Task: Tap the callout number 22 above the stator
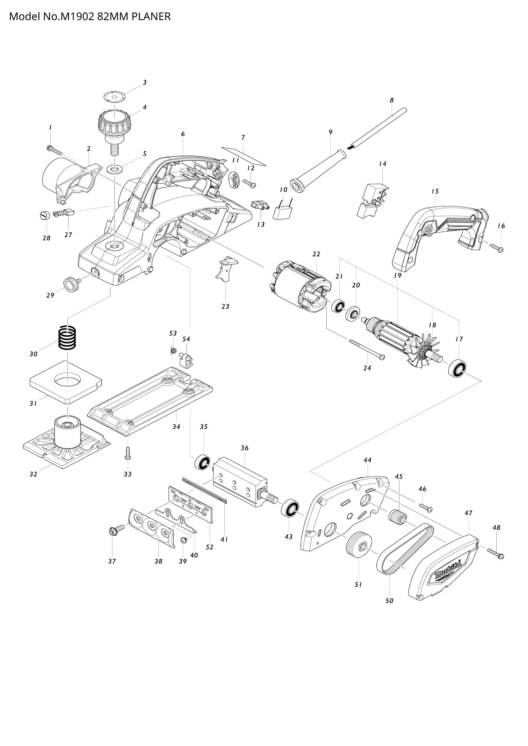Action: [316, 254]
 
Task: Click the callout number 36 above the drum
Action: [245, 448]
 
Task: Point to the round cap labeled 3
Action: [115, 97]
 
